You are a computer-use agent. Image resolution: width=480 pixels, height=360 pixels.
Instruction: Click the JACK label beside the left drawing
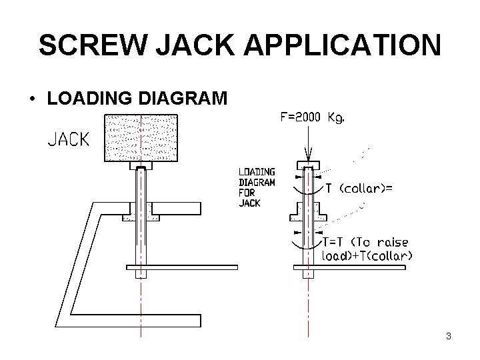pyautogui.click(x=68, y=139)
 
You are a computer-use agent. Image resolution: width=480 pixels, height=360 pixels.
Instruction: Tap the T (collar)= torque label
pyautogui.click(x=358, y=189)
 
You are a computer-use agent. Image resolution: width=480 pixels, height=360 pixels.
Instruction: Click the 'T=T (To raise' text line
pyautogui.click(x=365, y=241)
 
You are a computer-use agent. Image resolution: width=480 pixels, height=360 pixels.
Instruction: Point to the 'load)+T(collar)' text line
pyautogui.click(x=367, y=255)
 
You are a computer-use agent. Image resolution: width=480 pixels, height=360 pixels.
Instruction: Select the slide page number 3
pyautogui.click(x=449, y=337)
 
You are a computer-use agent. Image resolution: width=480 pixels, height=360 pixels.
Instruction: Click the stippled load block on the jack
pyautogui.click(x=141, y=138)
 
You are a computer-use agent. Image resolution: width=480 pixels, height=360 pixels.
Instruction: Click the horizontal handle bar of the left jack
pyautogui.click(x=182, y=268)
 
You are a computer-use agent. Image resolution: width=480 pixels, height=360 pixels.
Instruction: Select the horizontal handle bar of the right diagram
pyautogui.click(x=349, y=268)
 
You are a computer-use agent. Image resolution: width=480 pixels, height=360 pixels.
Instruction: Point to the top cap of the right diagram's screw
pyautogui.click(x=307, y=164)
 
